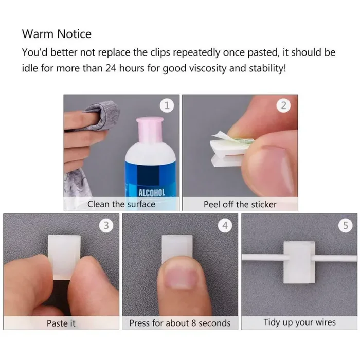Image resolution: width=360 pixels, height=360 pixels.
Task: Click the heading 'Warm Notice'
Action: tap(57, 34)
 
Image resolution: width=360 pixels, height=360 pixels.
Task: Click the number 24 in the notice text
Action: tap(111, 68)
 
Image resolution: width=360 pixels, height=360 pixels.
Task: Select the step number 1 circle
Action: tap(167, 105)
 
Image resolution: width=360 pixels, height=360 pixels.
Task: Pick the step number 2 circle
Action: tap(283, 105)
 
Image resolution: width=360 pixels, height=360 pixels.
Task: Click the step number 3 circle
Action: tap(106, 225)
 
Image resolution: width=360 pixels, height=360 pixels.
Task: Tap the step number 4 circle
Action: tap(225, 225)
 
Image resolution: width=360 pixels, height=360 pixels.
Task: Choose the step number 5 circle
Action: tap(346, 225)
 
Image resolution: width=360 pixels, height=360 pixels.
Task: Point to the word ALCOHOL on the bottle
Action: tap(152, 193)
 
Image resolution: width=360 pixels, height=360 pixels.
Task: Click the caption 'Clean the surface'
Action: tap(121, 204)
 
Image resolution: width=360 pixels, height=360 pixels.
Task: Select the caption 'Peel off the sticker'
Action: tap(240, 204)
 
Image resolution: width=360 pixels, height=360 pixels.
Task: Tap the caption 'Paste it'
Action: tap(61, 323)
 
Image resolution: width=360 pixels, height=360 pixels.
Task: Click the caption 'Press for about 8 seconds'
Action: tap(180, 323)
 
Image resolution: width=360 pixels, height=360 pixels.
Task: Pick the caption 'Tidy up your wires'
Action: tap(300, 322)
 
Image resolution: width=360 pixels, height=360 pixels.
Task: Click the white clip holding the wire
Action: tap(299, 262)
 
